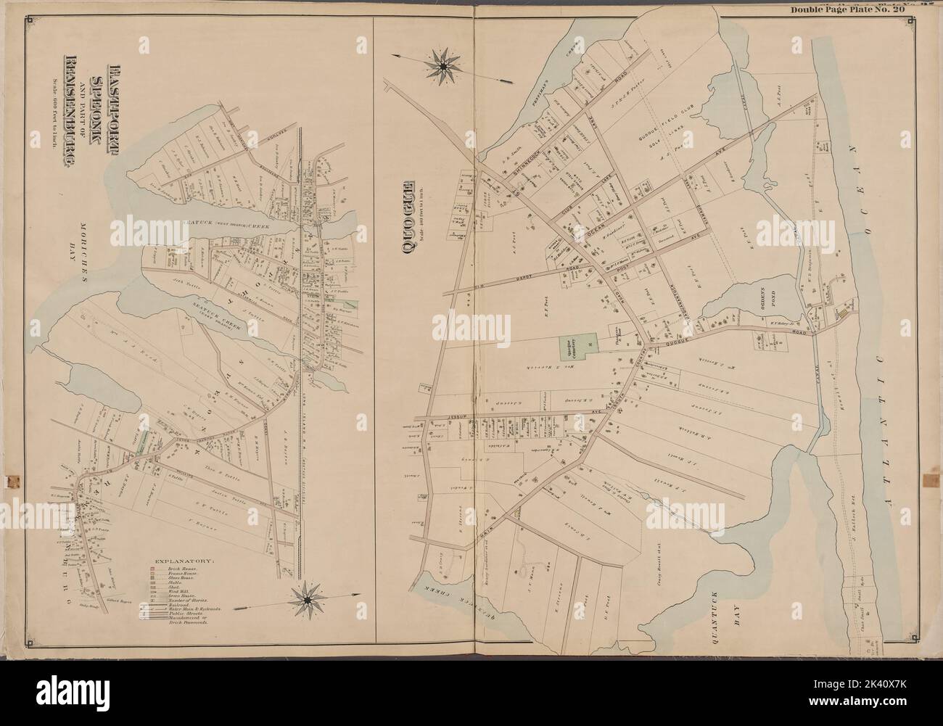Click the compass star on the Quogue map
[440, 68]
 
